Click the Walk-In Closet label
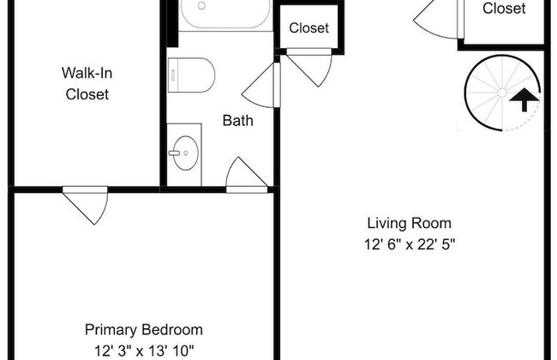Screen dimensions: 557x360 click(x=87, y=83)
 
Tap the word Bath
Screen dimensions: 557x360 click(x=237, y=121)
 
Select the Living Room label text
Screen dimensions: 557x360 click(x=410, y=223)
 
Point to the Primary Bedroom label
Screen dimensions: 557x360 click(x=144, y=330)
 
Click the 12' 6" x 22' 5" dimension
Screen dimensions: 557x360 click(x=410, y=244)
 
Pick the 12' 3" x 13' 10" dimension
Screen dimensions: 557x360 click(x=144, y=351)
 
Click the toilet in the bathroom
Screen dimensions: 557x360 click(x=191, y=75)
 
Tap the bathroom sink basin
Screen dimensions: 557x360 click(x=186, y=153)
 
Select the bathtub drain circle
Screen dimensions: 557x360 click(x=201, y=6)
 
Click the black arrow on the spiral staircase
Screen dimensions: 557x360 click(x=524, y=99)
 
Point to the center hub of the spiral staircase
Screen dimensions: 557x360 click(x=502, y=93)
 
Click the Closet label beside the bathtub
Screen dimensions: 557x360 click(x=308, y=28)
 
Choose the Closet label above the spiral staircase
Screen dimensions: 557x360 click(x=504, y=9)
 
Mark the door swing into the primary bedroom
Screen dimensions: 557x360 click(x=86, y=208)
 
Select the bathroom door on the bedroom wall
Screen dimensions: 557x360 click(x=247, y=175)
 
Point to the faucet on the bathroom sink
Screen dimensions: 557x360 click(x=175, y=153)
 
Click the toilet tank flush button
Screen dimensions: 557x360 click(x=173, y=75)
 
